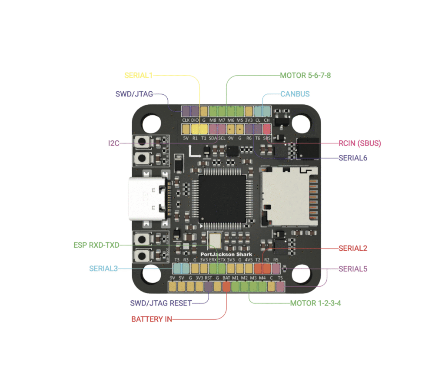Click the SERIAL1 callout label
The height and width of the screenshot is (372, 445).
point(139,75)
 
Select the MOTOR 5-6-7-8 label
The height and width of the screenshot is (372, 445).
point(306,75)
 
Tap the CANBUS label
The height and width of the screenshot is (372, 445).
point(295,93)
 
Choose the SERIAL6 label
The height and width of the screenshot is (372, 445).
point(353,158)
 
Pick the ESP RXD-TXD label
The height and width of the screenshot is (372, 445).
point(96,245)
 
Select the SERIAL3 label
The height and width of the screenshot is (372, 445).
point(103,269)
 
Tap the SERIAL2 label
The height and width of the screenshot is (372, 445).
point(353,249)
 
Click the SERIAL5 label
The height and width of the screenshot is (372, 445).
point(353,269)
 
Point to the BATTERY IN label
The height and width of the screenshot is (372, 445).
point(152,319)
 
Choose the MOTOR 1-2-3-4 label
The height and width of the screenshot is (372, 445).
point(315,303)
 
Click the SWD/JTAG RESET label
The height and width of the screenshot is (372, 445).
point(161,303)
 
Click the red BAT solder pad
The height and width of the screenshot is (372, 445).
point(226,286)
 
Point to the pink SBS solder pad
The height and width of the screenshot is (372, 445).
point(267,129)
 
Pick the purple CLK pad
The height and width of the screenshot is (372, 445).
point(186,111)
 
